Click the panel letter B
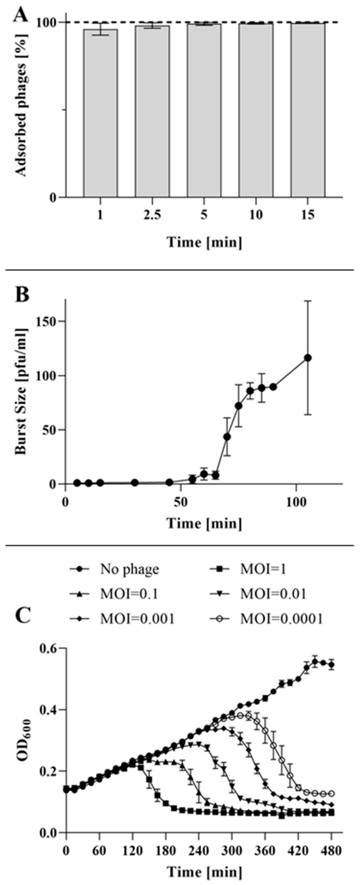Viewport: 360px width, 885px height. click(22, 295)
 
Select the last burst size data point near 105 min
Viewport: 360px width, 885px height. click(308, 358)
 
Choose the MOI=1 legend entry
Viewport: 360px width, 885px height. click(263, 570)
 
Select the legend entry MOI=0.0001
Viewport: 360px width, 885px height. click(281, 619)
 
